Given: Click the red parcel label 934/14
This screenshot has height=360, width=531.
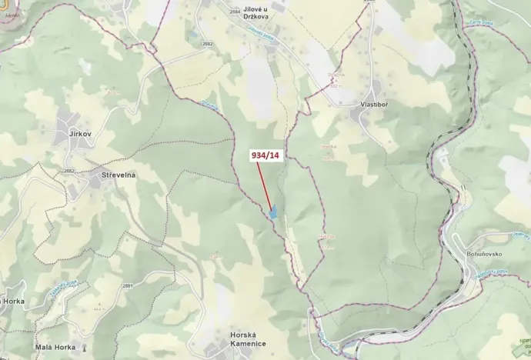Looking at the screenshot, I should pyautogui.click(x=266, y=155).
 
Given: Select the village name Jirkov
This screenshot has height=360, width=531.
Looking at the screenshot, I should pyautogui.click(x=80, y=134).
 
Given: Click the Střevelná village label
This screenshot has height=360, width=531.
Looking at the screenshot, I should pyautogui.click(x=119, y=175).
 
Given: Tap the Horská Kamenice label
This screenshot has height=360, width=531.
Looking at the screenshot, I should pyautogui.click(x=247, y=338).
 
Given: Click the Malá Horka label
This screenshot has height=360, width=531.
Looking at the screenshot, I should pyautogui.click(x=55, y=347).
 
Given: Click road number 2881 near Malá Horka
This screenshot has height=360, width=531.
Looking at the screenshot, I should pyautogui.click(x=126, y=286).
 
